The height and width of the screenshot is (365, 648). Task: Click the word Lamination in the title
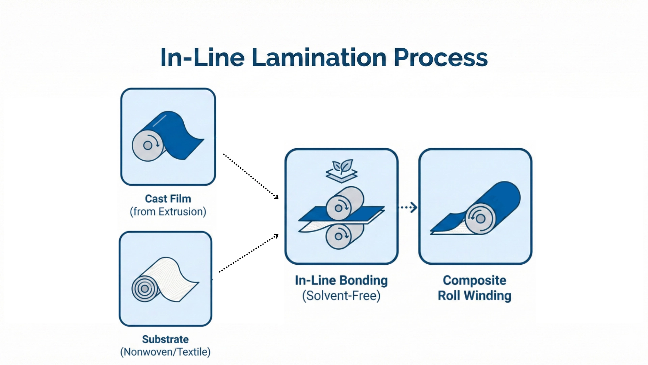[319, 57]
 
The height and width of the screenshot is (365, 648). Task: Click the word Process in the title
[440, 57]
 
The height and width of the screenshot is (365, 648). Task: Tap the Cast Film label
[168, 199]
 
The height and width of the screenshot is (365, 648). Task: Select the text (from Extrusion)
[168, 212]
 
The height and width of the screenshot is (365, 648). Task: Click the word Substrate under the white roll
[165, 339]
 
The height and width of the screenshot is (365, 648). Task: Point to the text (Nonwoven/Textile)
[165, 352]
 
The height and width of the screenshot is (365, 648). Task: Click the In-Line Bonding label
[341, 281]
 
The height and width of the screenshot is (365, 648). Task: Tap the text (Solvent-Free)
[341, 296]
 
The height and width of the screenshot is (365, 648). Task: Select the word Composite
[474, 281]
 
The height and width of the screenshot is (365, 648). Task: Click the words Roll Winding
[474, 296]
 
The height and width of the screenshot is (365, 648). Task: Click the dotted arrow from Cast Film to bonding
[250, 176]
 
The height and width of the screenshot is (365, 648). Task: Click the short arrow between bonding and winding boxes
[408, 207]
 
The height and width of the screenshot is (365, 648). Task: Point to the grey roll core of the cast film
[147, 146]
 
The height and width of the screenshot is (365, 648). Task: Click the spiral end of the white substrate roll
[145, 289]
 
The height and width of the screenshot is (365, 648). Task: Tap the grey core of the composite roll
[480, 219]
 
